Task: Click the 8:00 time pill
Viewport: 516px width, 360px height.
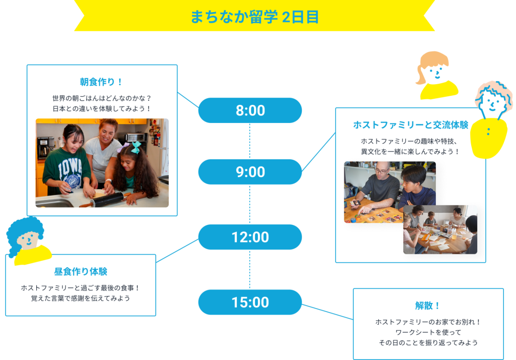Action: (250, 110)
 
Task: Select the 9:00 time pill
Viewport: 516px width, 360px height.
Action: (250, 172)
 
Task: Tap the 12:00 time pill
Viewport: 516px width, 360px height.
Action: (250, 237)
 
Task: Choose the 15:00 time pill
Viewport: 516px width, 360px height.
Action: (250, 303)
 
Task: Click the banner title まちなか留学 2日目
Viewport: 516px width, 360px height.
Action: (254, 17)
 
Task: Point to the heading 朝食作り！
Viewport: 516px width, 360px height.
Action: (101, 82)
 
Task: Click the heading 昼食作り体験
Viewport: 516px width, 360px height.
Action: (81, 271)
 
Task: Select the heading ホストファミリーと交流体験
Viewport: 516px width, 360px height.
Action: (410, 125)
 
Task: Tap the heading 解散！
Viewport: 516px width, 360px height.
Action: (428, 306)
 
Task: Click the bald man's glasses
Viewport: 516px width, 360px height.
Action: (382, 170)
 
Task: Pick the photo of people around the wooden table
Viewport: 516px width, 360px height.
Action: (440, 229)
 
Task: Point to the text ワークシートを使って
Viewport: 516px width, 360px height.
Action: (428, 332)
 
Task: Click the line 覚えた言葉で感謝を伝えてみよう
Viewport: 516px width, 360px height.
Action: (81, 298)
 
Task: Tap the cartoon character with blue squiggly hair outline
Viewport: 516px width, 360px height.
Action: (492, 120)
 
